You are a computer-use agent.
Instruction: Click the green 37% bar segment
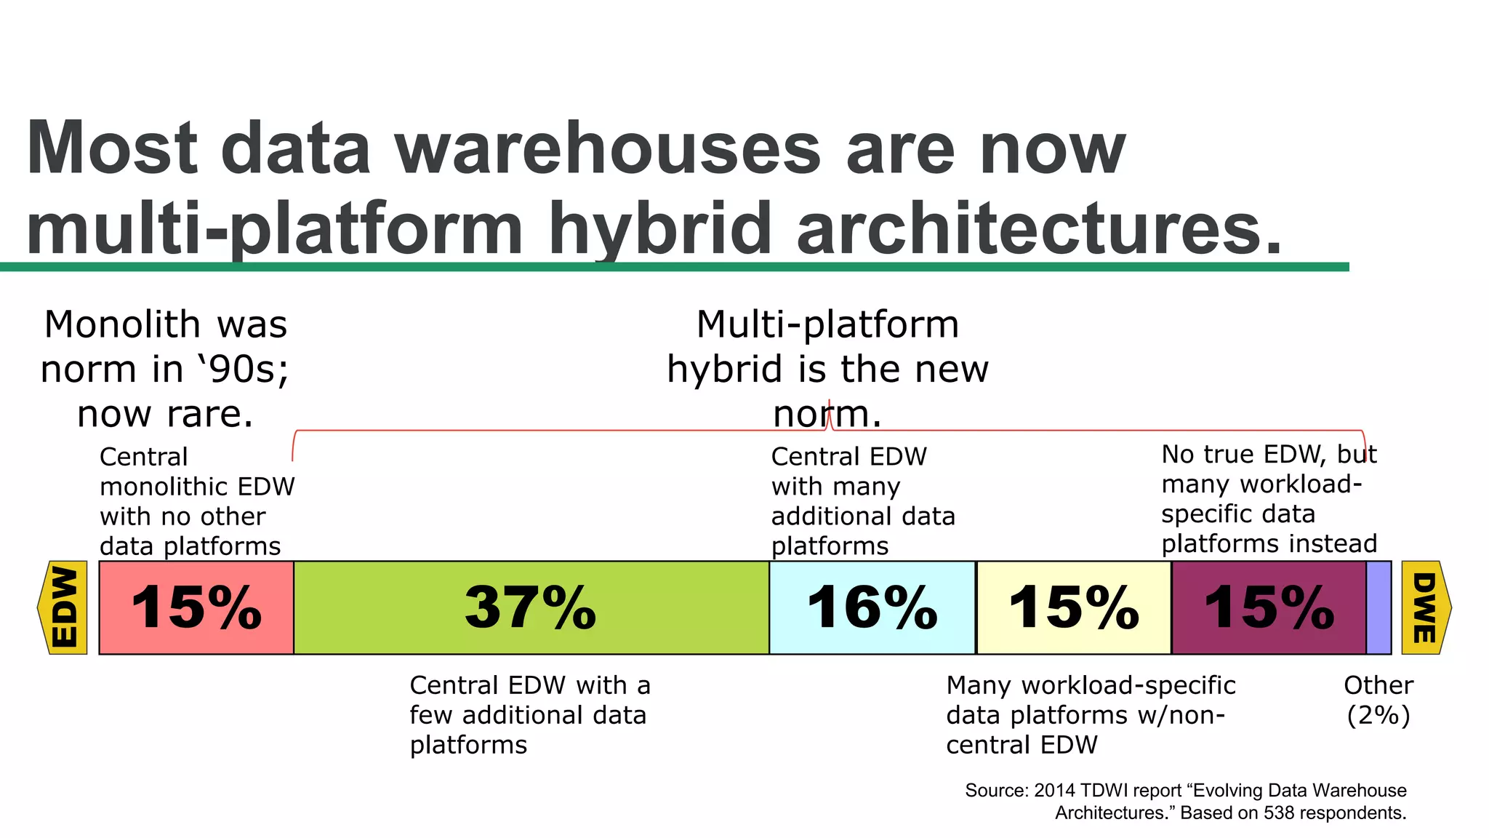pyautogui.click(x=531, y=607)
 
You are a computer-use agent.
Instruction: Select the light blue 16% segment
pyautogui.click(x=872, y=607)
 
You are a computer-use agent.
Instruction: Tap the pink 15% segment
pyautogui.click(x=196, y=607)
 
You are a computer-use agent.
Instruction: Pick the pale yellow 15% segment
pyautogui.click(x=1073, y=607)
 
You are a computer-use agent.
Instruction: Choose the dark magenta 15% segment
pyautogui.click(x=1269, y=607)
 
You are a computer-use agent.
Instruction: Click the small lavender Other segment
pyautogui.click(x=1378, y=607)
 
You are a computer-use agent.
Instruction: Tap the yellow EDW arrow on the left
pyautogui.click(x=64, y=607)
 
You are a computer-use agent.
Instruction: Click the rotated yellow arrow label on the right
pyautogui.click(x=1425, y=607)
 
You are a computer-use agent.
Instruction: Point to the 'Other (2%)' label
pyautogui.click(x=1378, y=700)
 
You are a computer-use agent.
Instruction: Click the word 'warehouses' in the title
pyautogui.click(x=607, y=149)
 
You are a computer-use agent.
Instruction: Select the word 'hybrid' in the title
pyautogui.click(x=659, y=228)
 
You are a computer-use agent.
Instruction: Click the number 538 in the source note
pyautogui.click(x=1277, y=813)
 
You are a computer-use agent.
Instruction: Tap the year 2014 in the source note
pyautogui.click(x=1053, y=791)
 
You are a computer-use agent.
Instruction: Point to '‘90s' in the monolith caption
pyautogui.click(x=243, y=370)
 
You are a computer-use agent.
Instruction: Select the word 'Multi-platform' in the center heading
pyautogui.click(x=827, y=324)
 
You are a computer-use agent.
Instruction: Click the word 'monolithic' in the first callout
pyautogui.click(x=197, y=487)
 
